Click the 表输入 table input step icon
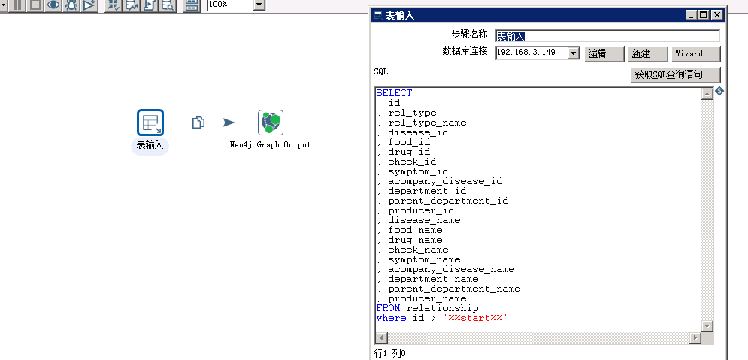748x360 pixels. [x=150, y=123]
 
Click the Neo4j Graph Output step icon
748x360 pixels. [x=271, y=123]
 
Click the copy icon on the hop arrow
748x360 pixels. [x=198, y=123]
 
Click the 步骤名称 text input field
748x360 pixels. [x=607, y=36]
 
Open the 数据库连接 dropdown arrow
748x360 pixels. [x=573, y=53]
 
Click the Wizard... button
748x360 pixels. [x=695, y=54]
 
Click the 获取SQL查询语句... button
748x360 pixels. [x=677, y=75]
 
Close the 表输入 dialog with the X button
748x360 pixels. [x=717, y=14]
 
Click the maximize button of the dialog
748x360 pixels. [x=704, y=14]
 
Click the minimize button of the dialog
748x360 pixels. [x=691, y=14]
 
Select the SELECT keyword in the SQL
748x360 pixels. [x=394, y=93]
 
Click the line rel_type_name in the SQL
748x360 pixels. [x=427, y=123]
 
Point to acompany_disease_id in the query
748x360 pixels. [x=445, y=181]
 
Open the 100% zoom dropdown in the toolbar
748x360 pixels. [x=259, y=5]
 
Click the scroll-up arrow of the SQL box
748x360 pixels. [x=707, y=94]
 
